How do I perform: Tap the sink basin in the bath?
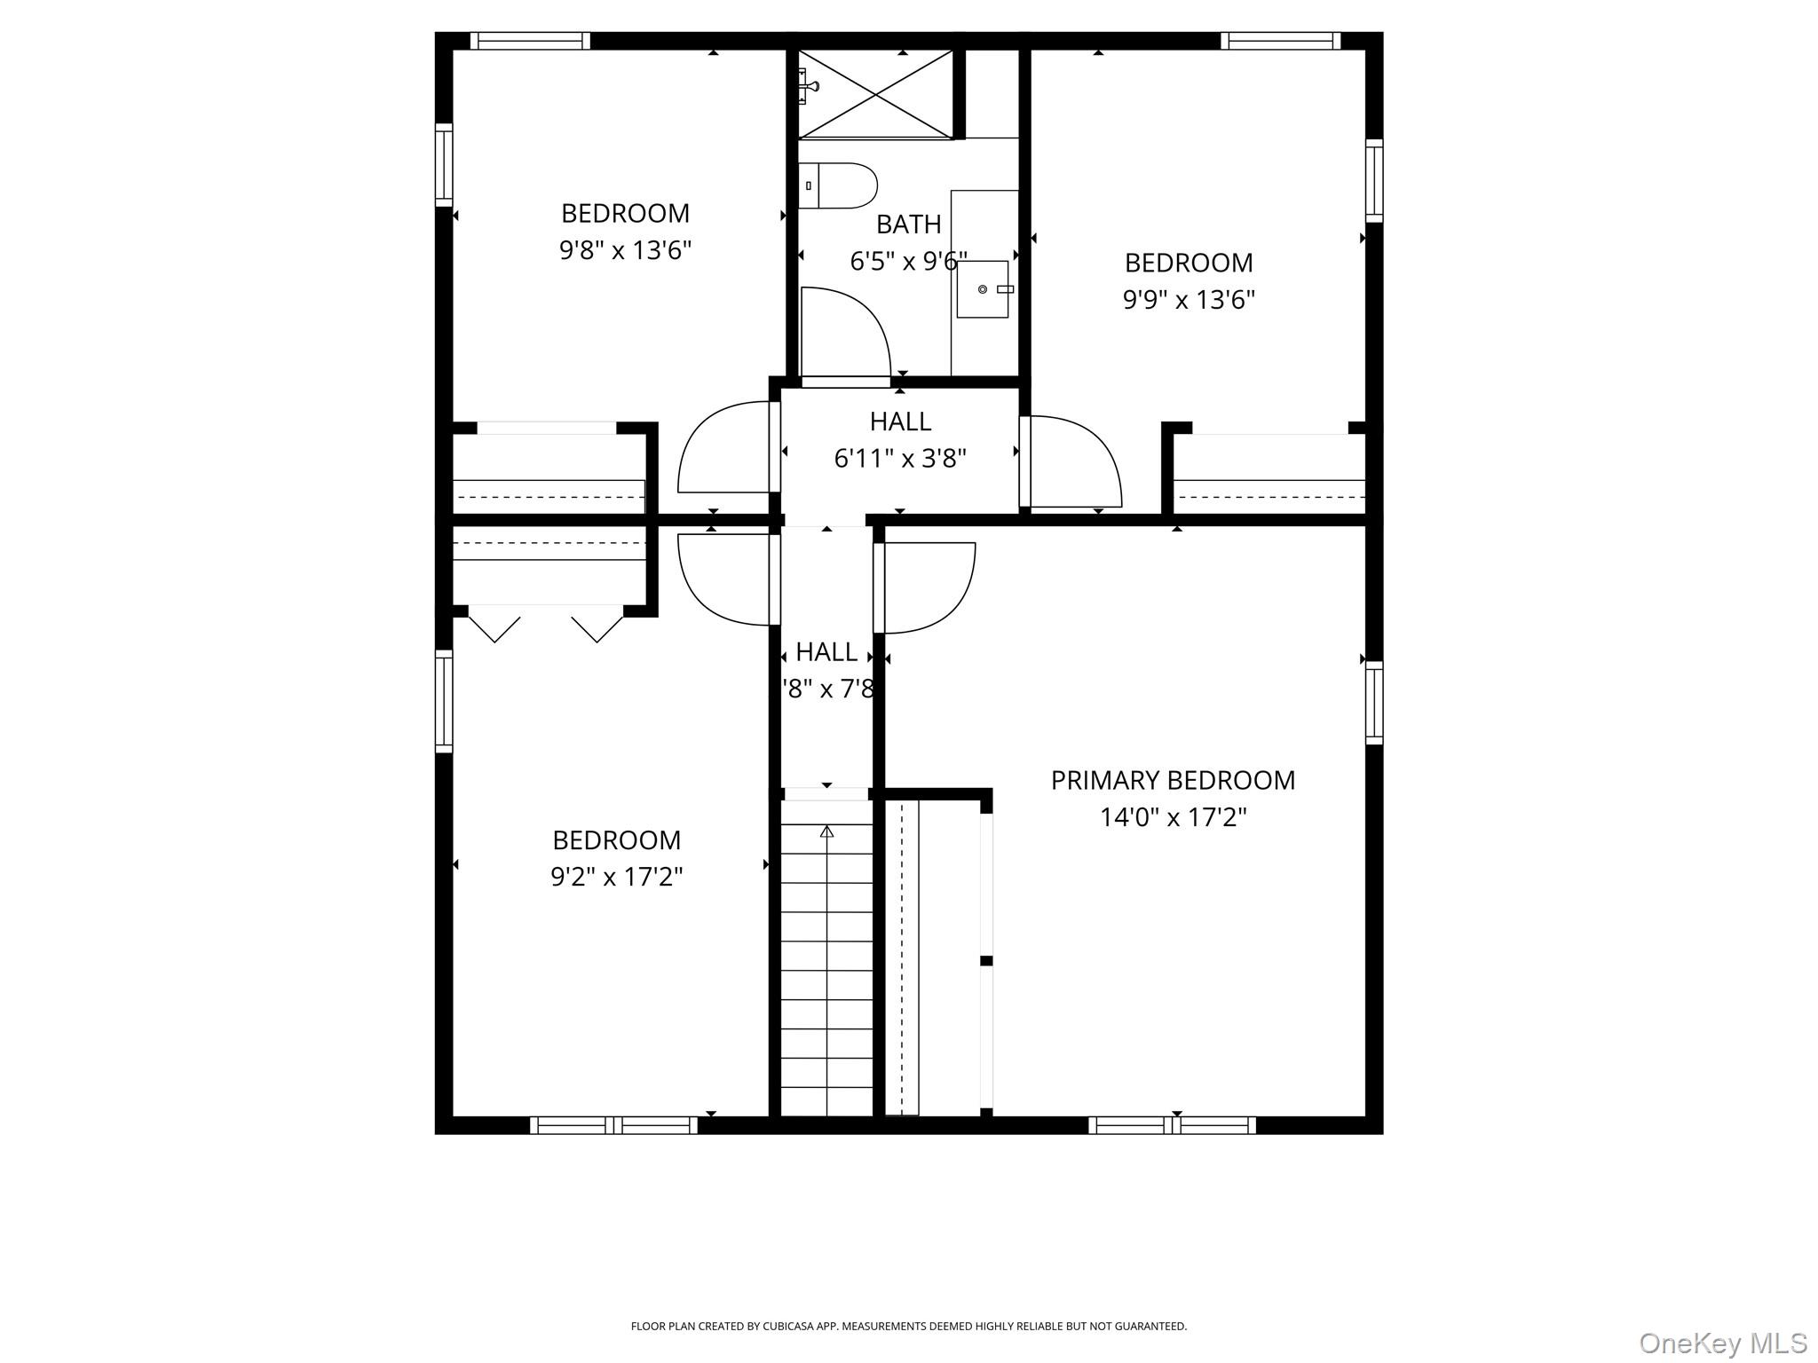(983, 289)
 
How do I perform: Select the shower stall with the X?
(875, 94)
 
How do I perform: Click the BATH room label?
(908, 225)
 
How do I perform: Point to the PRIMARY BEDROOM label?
(1173, 780)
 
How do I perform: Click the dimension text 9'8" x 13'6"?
(625, 250)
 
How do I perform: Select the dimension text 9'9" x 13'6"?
(1189, 300)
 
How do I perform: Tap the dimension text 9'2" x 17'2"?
(616, 877)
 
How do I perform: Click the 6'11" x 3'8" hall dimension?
(900, 458)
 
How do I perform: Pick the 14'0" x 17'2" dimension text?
(1173, 817)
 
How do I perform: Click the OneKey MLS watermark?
(1722, 1343)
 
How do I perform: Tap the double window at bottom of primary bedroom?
(1172, 1125)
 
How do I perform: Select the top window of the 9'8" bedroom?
(530, 41)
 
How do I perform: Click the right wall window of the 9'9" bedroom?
(1373, 180)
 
